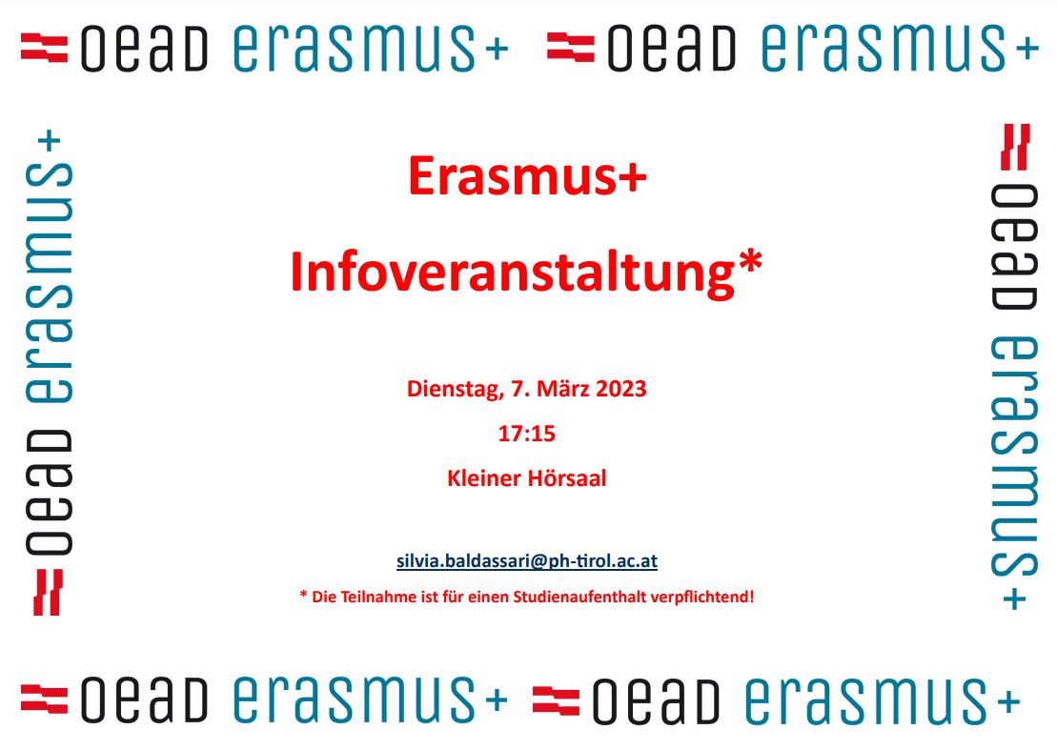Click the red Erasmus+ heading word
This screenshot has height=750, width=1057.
[527, 176]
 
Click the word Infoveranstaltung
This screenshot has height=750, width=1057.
[513, 273]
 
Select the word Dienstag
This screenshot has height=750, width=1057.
[455, 390]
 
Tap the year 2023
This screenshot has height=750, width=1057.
[620, 389]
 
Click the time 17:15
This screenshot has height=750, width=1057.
[526, 434]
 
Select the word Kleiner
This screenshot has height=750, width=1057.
[483, 478]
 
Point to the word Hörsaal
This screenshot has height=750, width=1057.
[567, 478]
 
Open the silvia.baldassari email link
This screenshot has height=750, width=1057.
[526, 561]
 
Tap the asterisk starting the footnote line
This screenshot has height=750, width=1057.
[303, 595]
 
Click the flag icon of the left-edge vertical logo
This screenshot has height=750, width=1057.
[48, 593]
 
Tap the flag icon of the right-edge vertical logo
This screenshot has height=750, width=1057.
[1016, 147]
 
